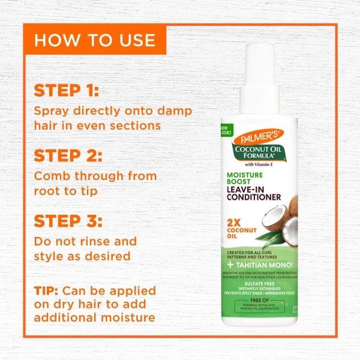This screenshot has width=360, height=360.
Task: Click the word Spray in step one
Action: (x=52, y=111)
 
